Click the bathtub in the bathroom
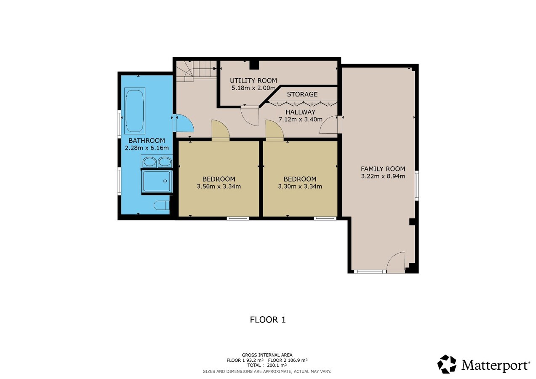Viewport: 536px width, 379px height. point(135,111)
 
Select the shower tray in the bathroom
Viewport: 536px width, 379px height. point(157,181)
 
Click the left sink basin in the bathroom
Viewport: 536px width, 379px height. point(149,162)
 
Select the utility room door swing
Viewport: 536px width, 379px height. point(250,115)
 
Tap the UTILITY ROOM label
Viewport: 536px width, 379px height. point(253,80)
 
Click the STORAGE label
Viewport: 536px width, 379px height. point(302,94)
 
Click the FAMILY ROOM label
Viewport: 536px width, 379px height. point(383,169)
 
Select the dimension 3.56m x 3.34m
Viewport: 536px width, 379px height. point(219,186)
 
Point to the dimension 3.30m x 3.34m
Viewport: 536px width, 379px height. point(300,186)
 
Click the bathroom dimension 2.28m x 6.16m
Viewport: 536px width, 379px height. point(147,148)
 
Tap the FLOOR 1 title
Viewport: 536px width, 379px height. point(268,320)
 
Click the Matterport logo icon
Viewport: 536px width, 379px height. point(447,364)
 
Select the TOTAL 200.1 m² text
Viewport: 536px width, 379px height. point(268,366)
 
